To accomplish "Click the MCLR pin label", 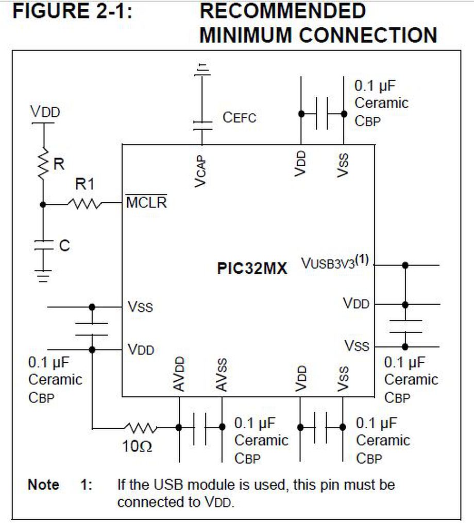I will (147, 202).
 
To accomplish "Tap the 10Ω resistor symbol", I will (140, 427).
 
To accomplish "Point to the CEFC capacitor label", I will (239, 117).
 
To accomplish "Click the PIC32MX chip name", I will (252, 269).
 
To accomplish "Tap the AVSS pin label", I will (222, 375).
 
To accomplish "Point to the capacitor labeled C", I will (43, 245).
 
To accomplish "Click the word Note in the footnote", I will (43, 484).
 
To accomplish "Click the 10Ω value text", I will (137, 446).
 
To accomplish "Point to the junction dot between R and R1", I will (43, 204).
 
